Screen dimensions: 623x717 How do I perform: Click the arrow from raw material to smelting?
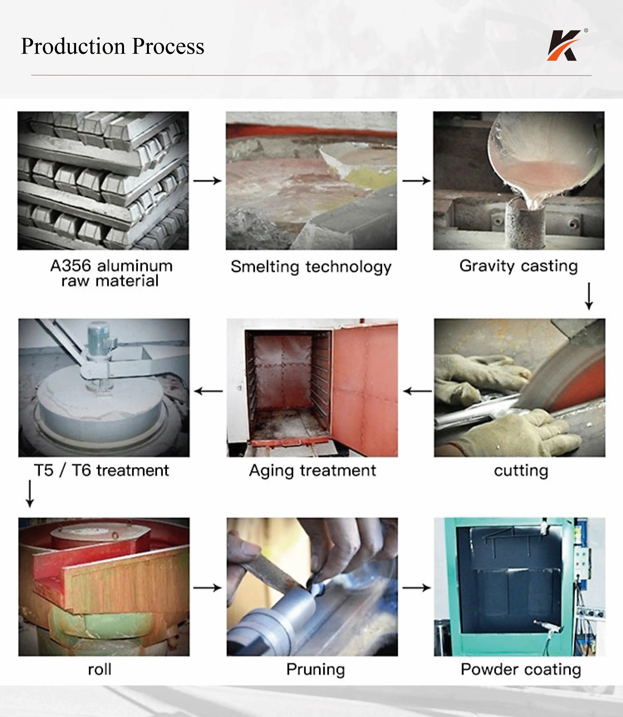(x=208, y=181)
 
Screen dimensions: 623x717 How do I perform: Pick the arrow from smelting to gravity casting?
(x=417, y=181)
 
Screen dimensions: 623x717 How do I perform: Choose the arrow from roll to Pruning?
(x=208, y=588)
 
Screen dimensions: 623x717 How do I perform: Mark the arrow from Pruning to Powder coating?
(x=417, y=588)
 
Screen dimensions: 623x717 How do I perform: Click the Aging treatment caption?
(x=312, y=471)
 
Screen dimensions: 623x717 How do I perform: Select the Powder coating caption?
(x=521, y=670)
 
